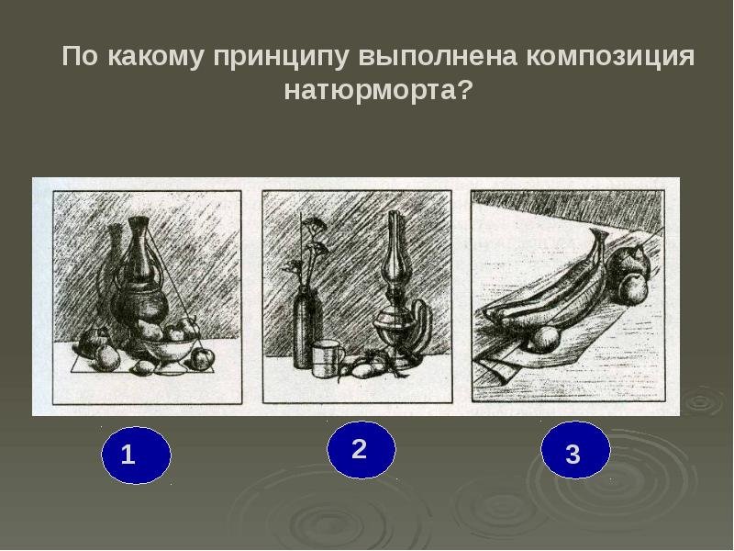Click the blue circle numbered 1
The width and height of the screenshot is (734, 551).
(x=136, y=455)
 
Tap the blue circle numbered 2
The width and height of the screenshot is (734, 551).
(x=361, y=449)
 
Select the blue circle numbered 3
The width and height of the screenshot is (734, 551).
(x=575, y=450)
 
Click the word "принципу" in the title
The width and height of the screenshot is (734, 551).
(x=282, y=57)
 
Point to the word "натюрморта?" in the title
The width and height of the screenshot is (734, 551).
(x=376, y=90)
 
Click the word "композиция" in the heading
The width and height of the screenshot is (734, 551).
(x=610, y=57)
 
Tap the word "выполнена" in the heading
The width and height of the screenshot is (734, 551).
(x=439, y=56)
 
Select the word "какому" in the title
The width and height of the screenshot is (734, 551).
(x=156, y=57)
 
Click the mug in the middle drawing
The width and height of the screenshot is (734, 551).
(x=328, y=359)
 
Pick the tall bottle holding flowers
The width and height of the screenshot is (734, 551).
(x=307, y=330)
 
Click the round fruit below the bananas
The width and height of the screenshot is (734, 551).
(x=543, y=339)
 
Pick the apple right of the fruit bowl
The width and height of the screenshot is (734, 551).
(x=202, y=358)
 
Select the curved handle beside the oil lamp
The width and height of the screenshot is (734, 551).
(x=420, y=328)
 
